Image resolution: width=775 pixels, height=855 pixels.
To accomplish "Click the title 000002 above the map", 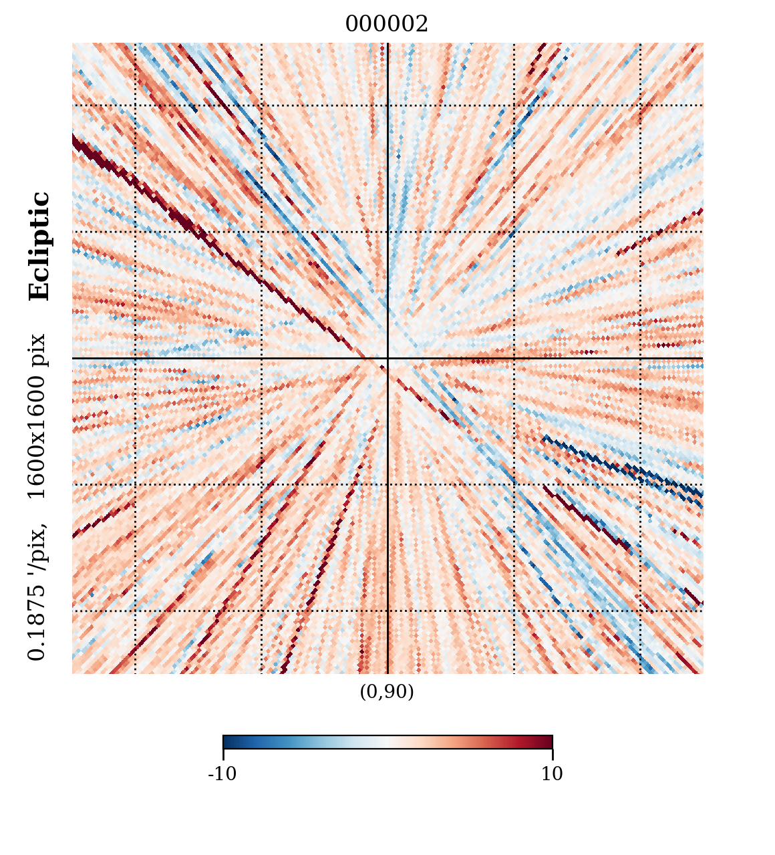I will [x=386, y=25].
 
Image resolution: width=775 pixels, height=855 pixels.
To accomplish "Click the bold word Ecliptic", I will [x=39, y=246].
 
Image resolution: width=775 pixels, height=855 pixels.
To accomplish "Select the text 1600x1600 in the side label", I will [x=37, y=439].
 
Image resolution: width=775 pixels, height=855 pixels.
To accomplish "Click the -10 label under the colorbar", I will [x=222, y=774].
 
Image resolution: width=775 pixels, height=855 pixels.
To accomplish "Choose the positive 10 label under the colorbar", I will [x=552, y=774].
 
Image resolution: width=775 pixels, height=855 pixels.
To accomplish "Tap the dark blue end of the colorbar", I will [x=227, y=741].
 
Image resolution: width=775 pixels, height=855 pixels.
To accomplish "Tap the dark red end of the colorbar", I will [x=548, y=741].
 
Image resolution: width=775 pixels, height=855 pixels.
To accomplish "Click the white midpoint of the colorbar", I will [x=387, y=741].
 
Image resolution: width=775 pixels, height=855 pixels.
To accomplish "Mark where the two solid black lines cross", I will [x=387, y=358].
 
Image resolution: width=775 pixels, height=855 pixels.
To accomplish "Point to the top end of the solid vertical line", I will [x=387, y=44].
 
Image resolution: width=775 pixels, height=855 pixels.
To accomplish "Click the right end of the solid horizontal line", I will [x=702, y=358].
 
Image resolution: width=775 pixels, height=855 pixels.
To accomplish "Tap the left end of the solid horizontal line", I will [x=73, y=358].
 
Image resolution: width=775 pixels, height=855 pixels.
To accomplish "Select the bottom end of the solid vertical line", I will [x=387, y=672].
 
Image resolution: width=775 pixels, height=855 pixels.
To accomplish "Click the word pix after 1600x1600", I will [x=37, y=349].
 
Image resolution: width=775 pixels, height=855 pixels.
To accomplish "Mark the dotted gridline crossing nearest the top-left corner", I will [x=136, y=105].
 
